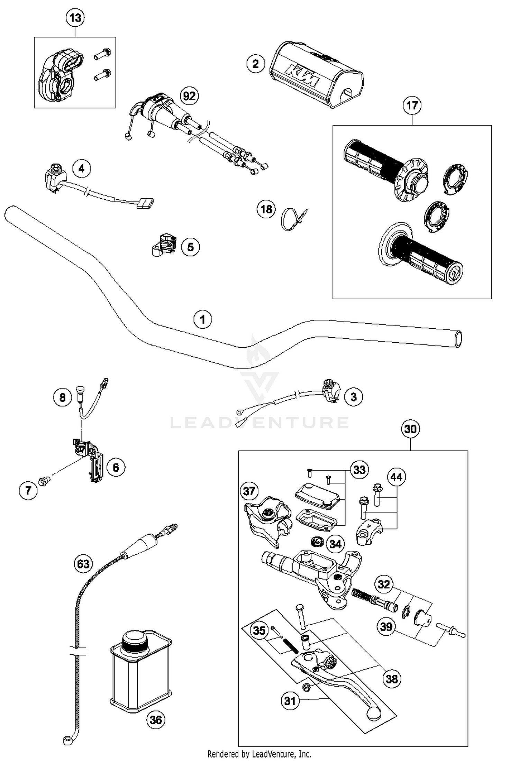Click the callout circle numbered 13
pos(75,18)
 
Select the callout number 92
pos(189,96)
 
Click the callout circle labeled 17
pos(412,105)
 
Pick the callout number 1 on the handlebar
pos(203,319)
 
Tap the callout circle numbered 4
pos(81,169)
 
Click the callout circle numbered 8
pos(62,397)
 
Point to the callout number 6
pos(116,468)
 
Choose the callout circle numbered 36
pos(156,720)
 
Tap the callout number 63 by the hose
pos(83,564)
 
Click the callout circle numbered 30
pos(410,429)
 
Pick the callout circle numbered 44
pos(397,477)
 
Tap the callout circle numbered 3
pos(353,397)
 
